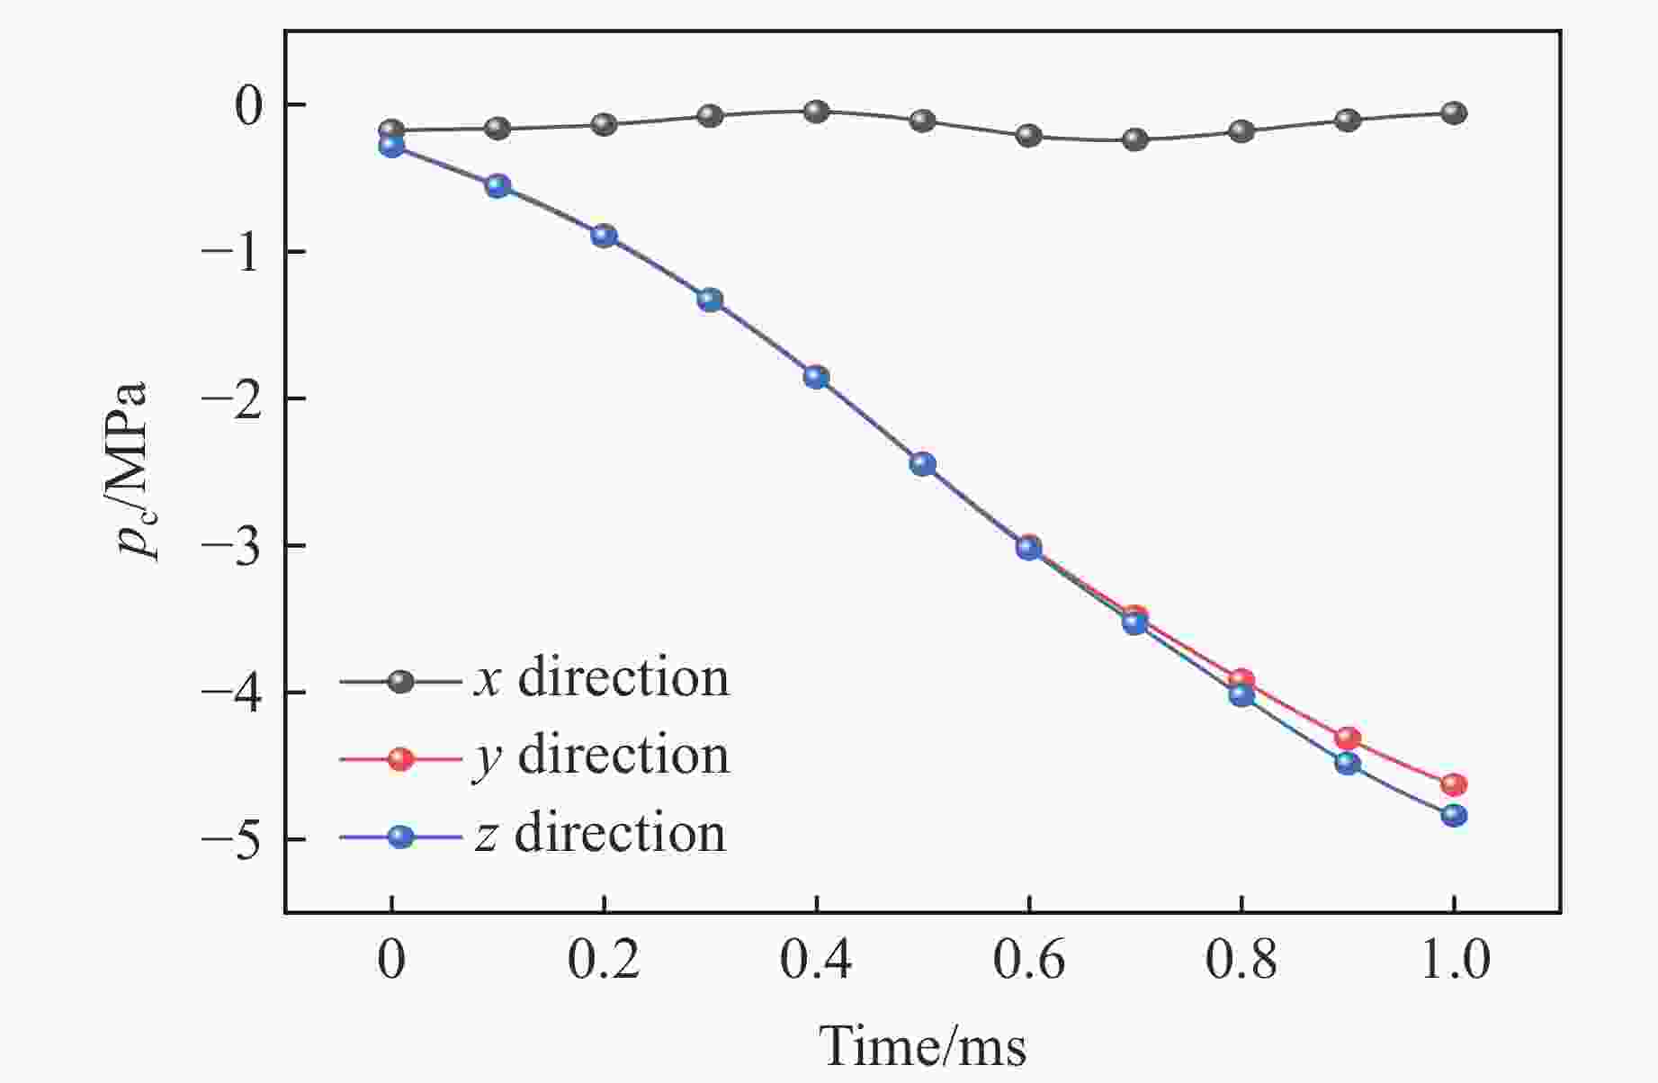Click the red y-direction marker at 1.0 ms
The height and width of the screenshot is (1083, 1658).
click(x=1454, y=784)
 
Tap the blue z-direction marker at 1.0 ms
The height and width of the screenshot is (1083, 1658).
click(x=1454, y=816)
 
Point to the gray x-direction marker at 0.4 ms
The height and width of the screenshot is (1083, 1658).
click(x=816, y=112)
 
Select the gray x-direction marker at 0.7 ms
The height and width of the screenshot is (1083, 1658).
click(x=1135, y=139)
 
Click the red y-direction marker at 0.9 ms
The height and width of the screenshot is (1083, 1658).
click(x=1348, y=738)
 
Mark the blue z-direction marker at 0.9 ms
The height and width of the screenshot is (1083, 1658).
click(x=1348, y=764)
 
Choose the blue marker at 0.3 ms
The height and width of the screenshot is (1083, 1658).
click(x=710, y=300)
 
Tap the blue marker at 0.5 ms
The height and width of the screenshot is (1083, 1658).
click(x=922, y=464)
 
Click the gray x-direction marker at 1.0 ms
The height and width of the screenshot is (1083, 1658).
click(x=1454, y=113)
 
